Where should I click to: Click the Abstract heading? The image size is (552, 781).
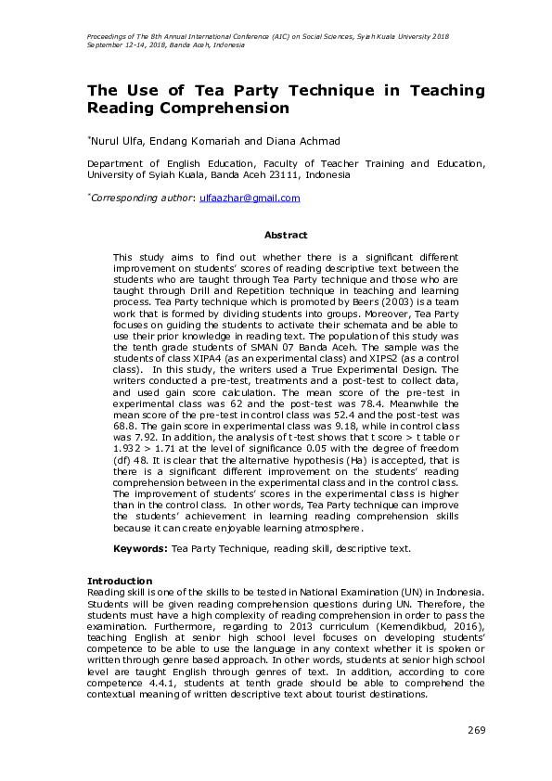286,236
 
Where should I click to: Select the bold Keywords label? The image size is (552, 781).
139,548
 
